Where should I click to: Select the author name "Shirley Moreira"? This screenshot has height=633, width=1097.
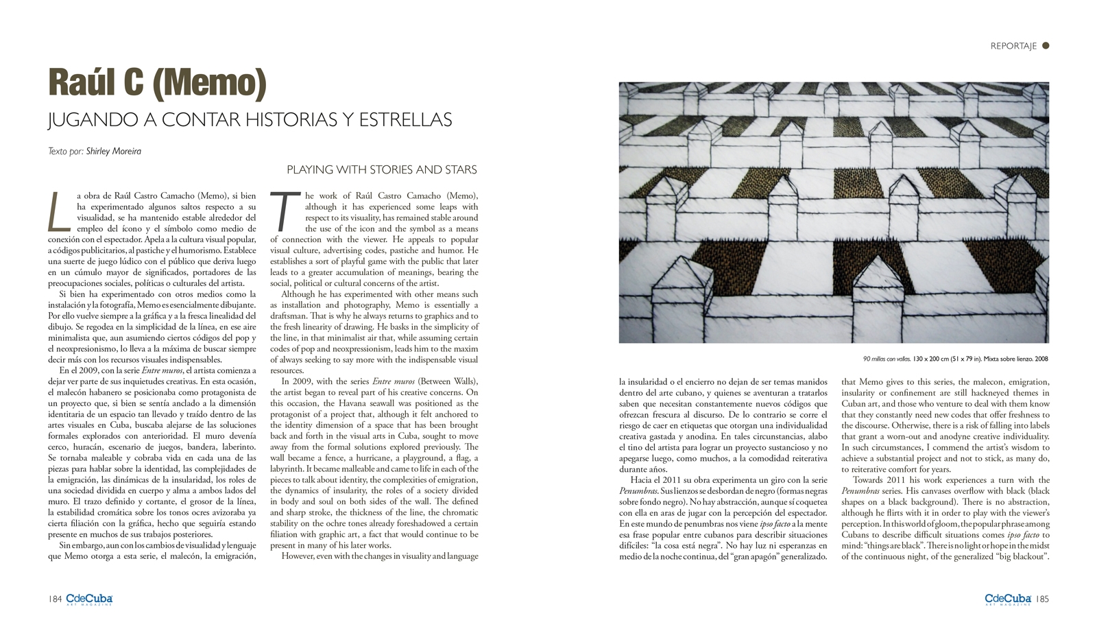(x=114, y=151)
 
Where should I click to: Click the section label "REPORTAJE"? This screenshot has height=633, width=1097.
(x=1013, y=46)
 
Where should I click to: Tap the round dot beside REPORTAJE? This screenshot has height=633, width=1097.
(x=1046, y=46)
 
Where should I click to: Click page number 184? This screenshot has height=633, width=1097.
(x=55, y=599)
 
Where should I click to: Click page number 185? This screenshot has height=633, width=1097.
(x=1042, y=599)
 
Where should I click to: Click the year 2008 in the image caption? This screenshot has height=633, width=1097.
(x=1041, y=359)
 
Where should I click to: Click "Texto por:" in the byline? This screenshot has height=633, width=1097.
(x=66, y=151)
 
